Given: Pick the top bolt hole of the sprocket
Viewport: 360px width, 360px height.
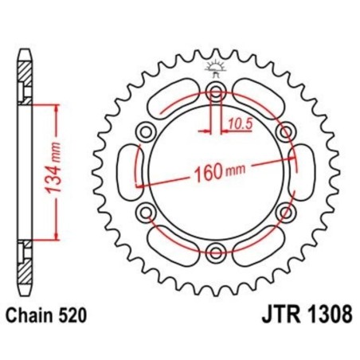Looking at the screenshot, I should pyautogui.click(x=214, y=90).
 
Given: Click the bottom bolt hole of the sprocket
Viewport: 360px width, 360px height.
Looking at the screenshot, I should pyautogui.click(x=214, y=252).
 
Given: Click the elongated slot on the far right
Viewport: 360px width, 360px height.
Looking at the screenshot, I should pyautogui.click(x=300, y=170).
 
